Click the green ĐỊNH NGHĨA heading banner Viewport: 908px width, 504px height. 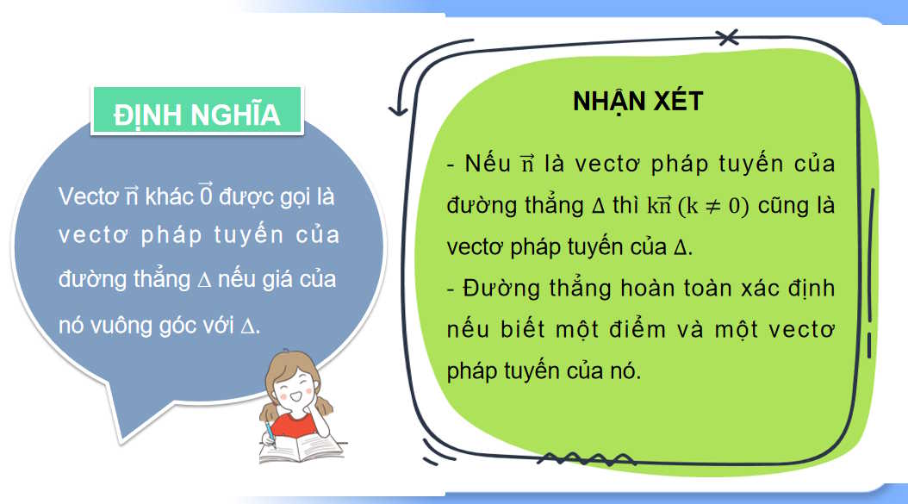click(196, 115)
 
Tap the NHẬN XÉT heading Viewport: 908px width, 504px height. click(637, 101)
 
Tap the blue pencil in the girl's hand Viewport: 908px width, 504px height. click(271, 430)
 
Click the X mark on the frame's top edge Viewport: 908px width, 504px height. click(728, 36)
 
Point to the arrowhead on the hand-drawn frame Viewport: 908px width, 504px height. click(398, 110)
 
